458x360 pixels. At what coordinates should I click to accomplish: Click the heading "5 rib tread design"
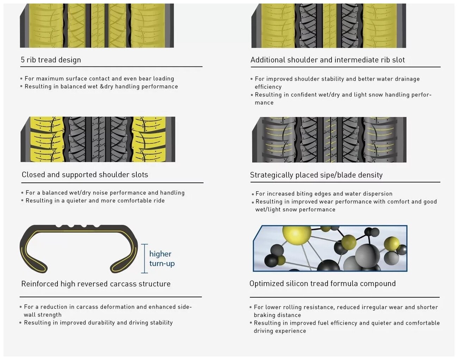tap(51, 60)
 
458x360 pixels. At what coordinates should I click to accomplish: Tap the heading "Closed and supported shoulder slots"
tap(85, 175)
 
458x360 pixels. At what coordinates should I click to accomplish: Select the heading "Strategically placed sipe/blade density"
tap(316, 175)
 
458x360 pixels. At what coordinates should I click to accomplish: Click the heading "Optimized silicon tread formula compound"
tap(322, 284)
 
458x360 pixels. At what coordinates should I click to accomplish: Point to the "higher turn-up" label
tap(162, 259)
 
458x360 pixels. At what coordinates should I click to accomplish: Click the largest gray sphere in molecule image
tap(367, 254)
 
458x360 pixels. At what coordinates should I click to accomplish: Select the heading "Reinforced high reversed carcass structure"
tap(96, 284)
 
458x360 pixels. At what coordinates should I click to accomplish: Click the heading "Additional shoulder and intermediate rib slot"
tap(328, 60)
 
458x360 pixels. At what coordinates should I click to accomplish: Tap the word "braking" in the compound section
tap(265, 315)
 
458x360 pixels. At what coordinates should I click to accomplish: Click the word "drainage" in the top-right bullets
tap(407, 79)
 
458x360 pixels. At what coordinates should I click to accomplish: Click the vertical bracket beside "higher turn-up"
tap(144, 259)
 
